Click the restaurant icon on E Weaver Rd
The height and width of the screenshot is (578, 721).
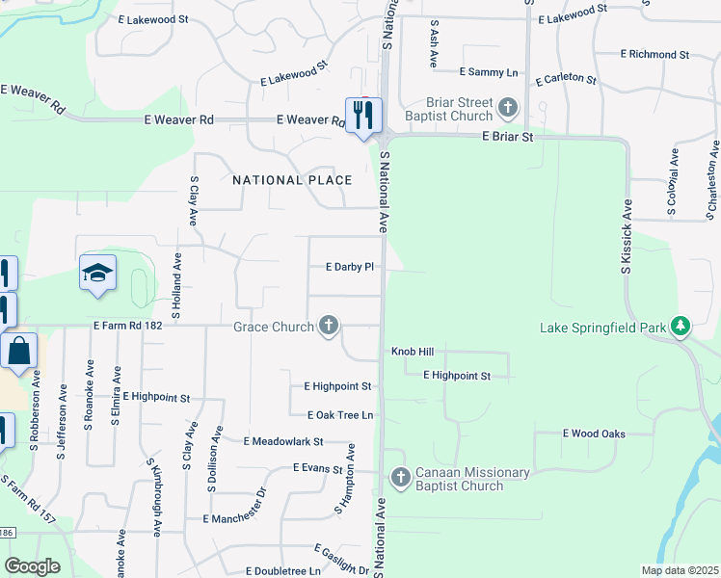coord(363,116)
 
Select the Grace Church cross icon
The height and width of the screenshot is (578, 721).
coord(329,326)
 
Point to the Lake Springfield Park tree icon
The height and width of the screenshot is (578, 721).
coord(681,327)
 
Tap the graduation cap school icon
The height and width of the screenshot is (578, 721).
coord(97,274)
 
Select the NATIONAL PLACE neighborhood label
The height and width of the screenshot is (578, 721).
coord(291,180)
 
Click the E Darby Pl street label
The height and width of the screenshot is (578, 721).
coord(350,267)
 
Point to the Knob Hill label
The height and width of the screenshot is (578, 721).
coord(413,353)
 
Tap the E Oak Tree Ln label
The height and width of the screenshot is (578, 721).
coord(339,415)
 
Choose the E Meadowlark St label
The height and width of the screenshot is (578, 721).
coord(283,441)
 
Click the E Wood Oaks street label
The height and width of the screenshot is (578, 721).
coord(594,433)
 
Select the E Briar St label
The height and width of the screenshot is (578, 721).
coord(521,138)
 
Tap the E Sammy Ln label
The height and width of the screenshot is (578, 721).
coord(489,72)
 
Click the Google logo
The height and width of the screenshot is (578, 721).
coord(31,566)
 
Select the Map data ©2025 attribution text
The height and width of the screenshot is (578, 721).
coord(679,570)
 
